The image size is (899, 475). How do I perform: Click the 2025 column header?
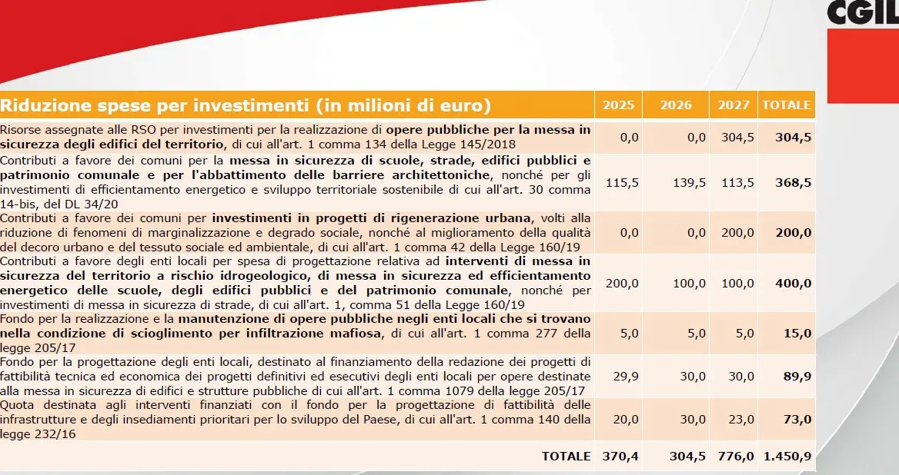click(x=618, y=105)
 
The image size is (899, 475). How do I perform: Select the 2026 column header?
click(x=675, y=105)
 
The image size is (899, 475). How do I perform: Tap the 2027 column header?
click(x=734, y=105)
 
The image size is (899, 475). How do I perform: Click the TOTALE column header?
click(x=786, y=105)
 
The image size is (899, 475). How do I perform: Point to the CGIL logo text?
click(x=862, y=12)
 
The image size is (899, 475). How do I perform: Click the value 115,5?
click(x=622, y=183)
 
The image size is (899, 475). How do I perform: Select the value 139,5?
click(x=689, y=183)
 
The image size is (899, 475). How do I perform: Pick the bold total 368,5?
click(x=794, y=183)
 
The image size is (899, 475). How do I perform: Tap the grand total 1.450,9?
click(x=787, y=456)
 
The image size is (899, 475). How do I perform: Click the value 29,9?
click(x=626, y=377)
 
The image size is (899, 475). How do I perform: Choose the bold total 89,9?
click(x=797, y=377)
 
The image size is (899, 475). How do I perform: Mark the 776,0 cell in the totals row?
click(x=736, y=456)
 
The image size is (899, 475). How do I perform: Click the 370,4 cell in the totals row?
click(x=620, y=456)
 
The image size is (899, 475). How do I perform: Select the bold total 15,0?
click(x=797, y=333)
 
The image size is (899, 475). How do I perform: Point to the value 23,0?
click(x=741, y=420)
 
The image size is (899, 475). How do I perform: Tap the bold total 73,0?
click(x=797, y=420)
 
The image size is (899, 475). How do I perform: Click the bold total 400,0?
click(x=794, y=284)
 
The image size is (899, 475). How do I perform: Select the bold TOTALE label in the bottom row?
click(x=566, y=456)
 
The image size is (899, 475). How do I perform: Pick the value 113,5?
click(x=738, y=183)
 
